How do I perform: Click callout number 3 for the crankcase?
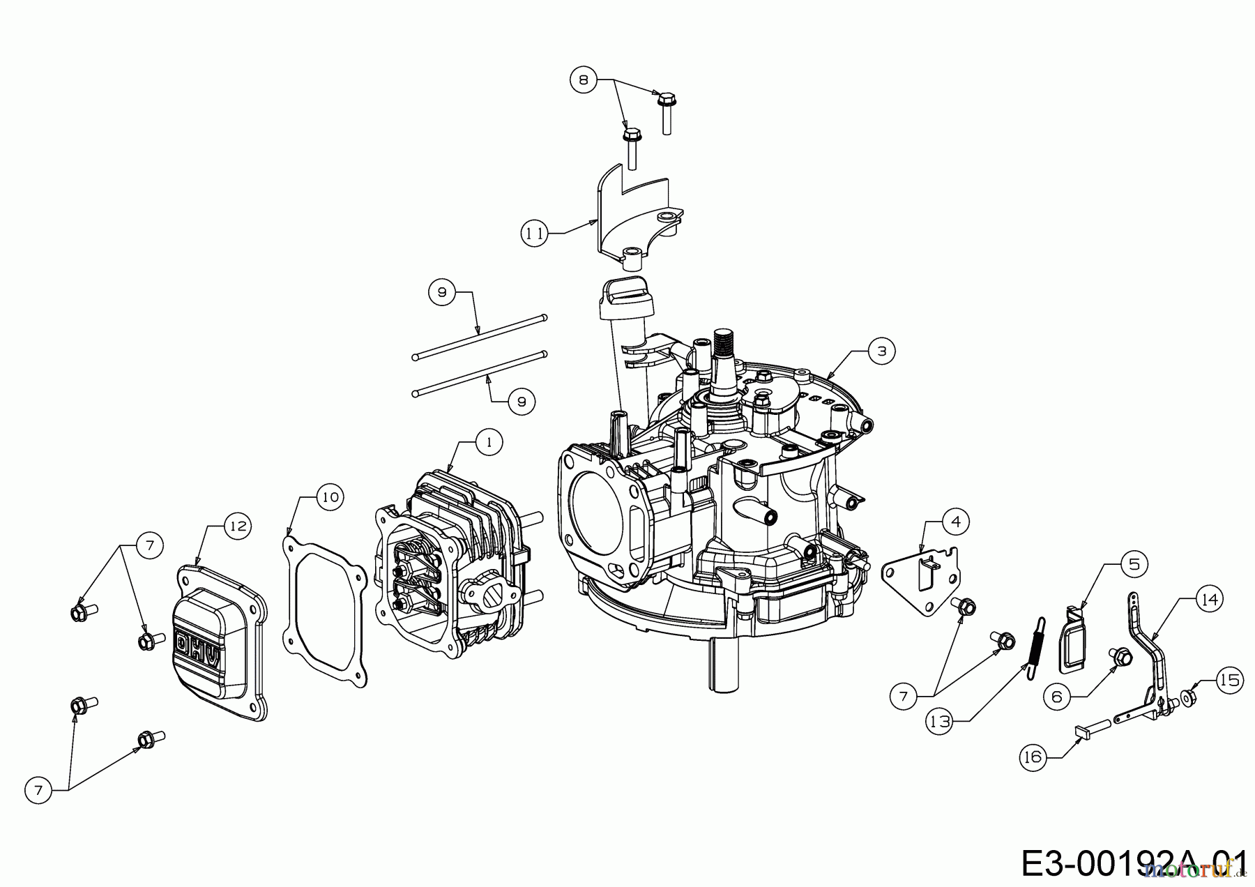tap(881, 351)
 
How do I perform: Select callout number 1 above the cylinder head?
tap(489, 442)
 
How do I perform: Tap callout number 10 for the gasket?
tap(330, 496)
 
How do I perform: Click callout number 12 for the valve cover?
tap(238, 525)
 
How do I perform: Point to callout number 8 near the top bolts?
tap(584, 80)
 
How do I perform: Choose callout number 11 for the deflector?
tap(534, 234)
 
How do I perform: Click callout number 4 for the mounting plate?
tap(955, 521)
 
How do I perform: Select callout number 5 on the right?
tap(1134, 563)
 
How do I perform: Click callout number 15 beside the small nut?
tap(1230, 679)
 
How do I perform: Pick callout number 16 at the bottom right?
tap(1033, 757)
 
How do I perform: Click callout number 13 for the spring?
tap(940, 722)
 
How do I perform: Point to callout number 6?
tap(1057, 696)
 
